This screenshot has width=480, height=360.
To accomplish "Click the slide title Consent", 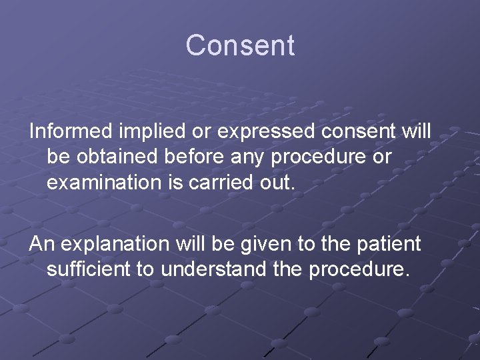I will coord(240,46).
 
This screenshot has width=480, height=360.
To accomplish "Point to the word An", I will coord(42,244).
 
